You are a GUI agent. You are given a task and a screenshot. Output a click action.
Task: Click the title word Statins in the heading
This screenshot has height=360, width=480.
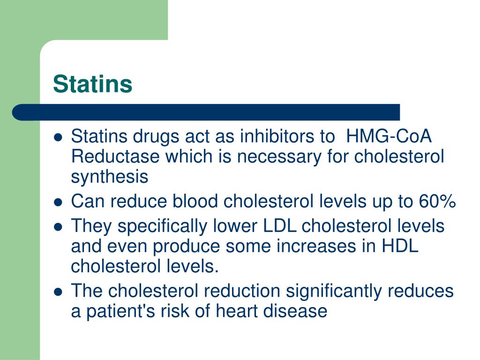point(92,84)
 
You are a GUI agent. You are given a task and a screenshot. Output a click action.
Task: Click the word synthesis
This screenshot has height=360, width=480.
point(109,178)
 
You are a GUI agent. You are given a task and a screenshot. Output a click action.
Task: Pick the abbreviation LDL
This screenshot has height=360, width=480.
point(279,226)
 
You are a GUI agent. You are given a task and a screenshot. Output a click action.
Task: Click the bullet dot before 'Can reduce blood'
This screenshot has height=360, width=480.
point(58,202)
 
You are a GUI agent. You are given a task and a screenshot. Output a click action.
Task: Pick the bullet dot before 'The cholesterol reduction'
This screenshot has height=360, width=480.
point(58,292)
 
